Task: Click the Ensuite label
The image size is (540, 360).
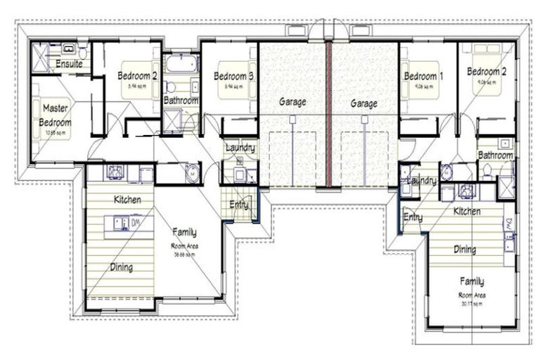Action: pos(69,64)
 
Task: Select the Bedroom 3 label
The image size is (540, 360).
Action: pos(233,75)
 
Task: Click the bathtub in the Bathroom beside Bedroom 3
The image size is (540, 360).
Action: pos(181,65)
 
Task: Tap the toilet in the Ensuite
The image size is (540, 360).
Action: pos(82,51)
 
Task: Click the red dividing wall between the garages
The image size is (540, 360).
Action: pos(328,112)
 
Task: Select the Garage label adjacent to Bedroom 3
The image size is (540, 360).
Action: pos(292,102)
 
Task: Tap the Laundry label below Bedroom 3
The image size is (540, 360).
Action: pos(240,148)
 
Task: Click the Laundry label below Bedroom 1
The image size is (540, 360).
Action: pos(422,181)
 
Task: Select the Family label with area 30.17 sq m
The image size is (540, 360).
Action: pos(472,281)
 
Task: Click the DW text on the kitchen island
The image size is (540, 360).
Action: pos(136,222)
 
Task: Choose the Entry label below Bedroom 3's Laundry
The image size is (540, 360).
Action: pos(238,205)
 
